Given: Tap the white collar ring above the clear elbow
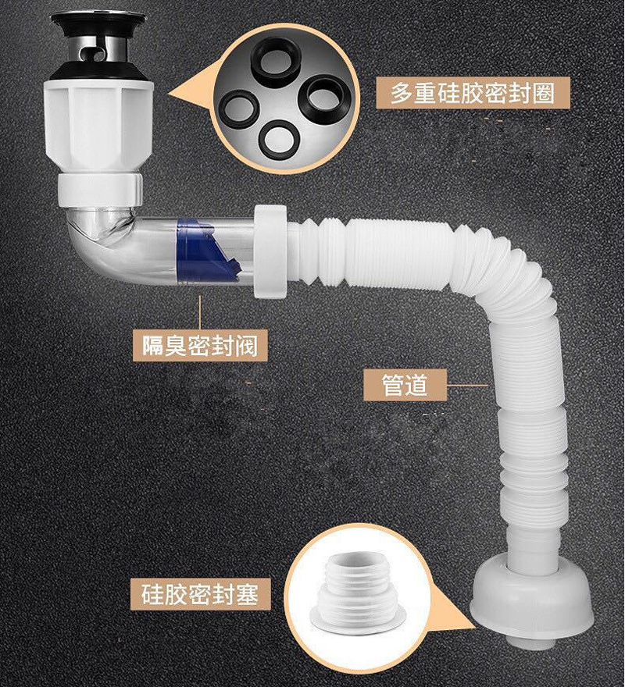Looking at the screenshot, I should coord(99,187).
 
